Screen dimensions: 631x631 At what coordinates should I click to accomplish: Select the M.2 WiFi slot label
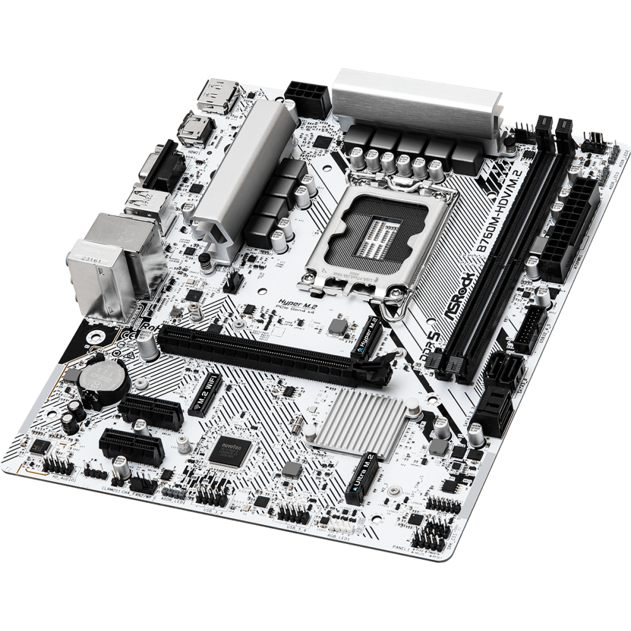coord(205,391)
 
